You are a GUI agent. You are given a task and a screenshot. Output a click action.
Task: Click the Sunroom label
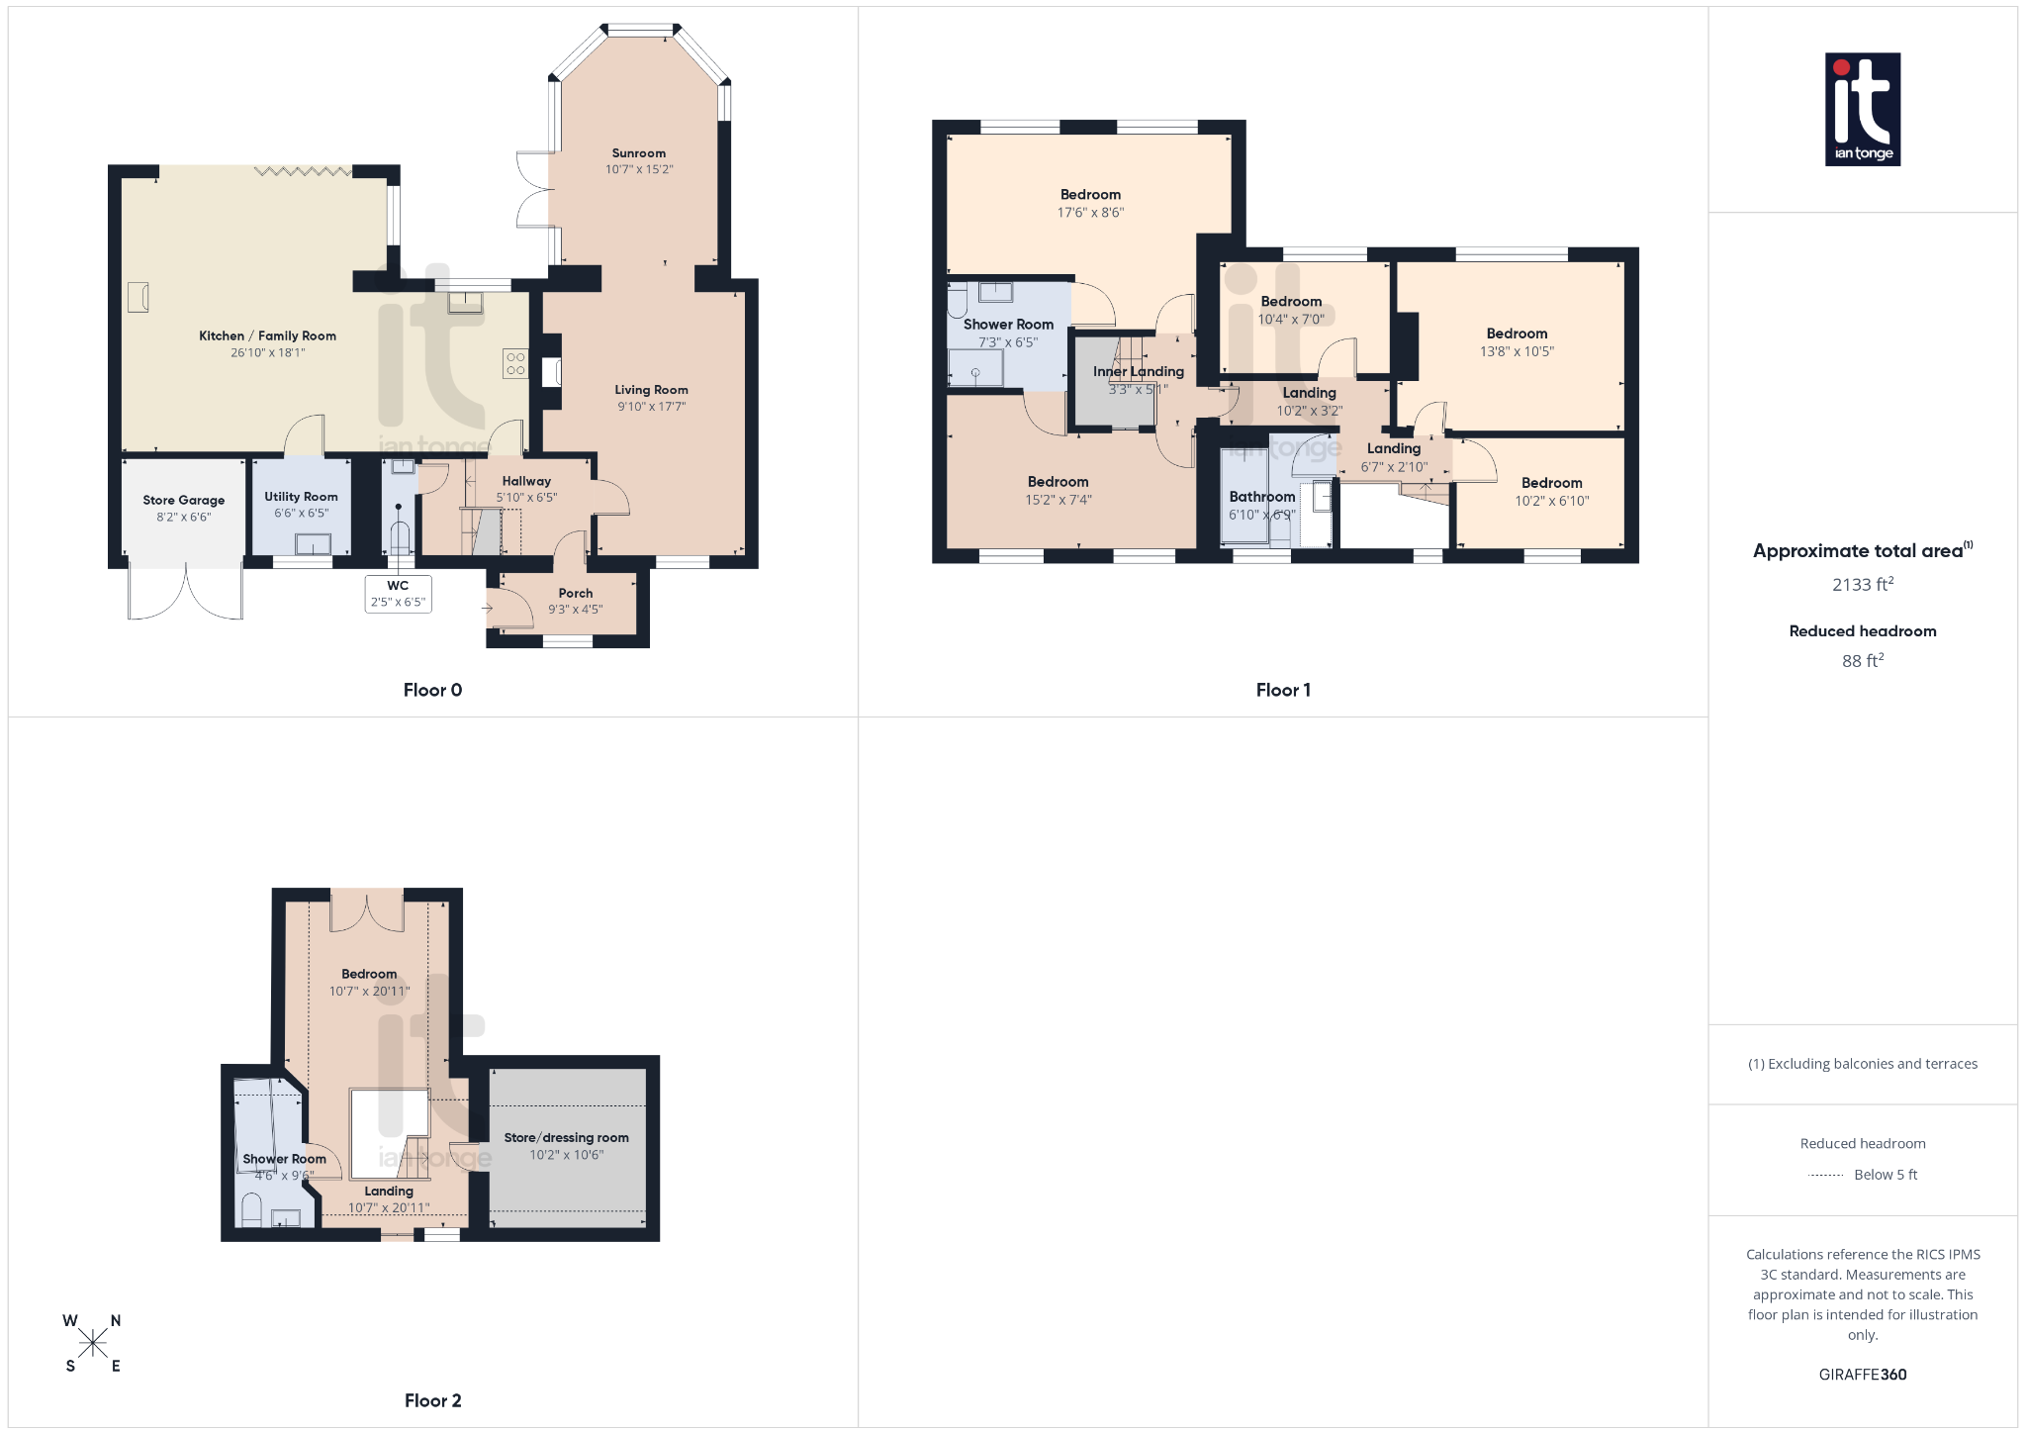click(638, 153)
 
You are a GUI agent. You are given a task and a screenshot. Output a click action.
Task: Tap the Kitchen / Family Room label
click(267, 335)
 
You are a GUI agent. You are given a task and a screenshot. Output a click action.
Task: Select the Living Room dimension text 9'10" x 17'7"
click(651, 407)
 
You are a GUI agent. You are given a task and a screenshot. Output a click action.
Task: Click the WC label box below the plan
click(398, 594)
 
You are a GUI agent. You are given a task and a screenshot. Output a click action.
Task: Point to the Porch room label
click(575, 594)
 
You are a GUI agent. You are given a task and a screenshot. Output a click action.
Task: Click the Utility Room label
click(301, 497)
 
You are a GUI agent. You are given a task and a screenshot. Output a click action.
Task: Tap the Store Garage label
click(183, 501)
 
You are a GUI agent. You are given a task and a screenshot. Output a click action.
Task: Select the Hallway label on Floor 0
click(526, 481)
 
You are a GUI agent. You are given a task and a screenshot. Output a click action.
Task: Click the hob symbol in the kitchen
click(515, 363)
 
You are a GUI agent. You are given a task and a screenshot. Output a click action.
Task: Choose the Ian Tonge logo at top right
click(1862, 109)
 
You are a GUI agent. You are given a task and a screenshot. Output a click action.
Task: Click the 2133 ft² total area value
click(1862, 584)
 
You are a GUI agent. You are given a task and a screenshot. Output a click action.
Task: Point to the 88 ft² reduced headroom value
click(1862, 660)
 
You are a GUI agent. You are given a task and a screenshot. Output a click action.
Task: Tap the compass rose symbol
click(93, 1343)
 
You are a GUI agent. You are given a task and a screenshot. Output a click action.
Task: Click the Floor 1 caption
click(1283, 690)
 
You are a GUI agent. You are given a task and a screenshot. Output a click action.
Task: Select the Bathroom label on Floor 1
click(1261, 497)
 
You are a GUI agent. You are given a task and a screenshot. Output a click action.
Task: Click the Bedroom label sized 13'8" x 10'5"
click(1517, 334)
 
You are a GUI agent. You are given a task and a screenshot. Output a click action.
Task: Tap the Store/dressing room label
click(566, 1138)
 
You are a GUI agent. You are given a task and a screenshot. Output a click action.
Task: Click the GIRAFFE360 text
click(1862, 1374)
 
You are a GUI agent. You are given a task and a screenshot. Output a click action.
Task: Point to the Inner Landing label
click(1138, 372)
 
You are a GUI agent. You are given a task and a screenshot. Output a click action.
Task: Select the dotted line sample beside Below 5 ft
click(1825, 1175)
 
